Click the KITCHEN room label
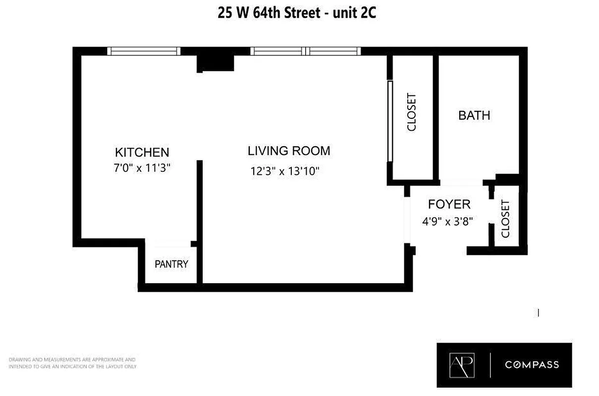(142, 152)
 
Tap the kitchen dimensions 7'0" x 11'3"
(142, 168)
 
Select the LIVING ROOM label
(289, 150)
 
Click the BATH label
(474, 115)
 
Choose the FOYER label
(449, 204)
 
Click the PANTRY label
(171, 264)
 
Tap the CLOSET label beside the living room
(412, 112)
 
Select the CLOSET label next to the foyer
(505, 218)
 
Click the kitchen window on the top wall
(143, 51)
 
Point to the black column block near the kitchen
(216, 62)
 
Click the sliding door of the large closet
(390, 121)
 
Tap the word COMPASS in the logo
(532, 365)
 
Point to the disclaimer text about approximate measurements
(72, 363)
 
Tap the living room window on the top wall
(305, 51)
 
